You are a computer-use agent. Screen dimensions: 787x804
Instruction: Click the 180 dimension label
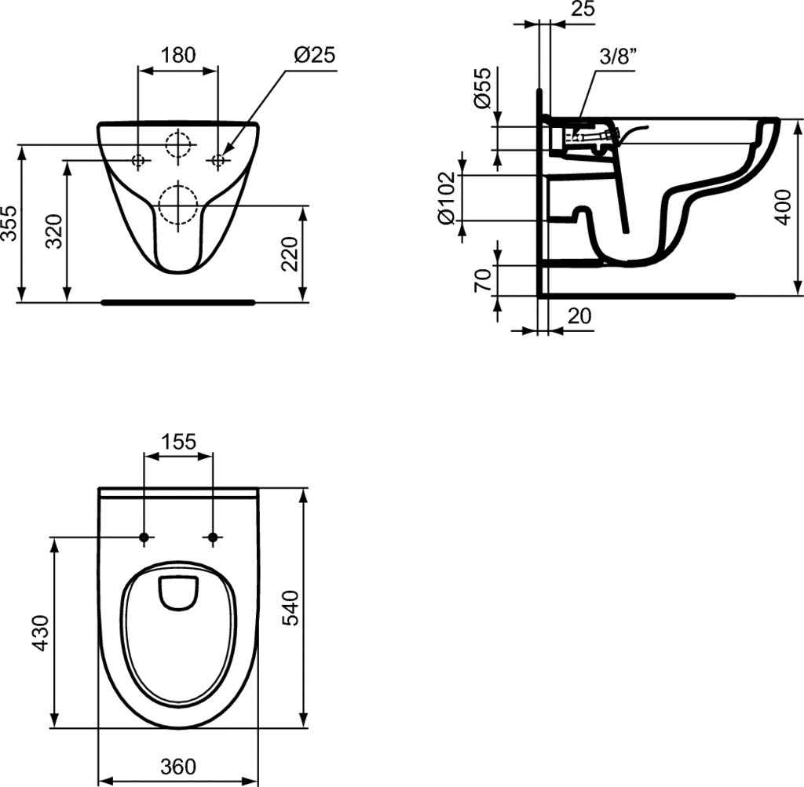pyautogui.click(x=178, y=55)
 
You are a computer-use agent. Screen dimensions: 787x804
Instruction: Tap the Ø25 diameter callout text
pyautogui.click(x=314, y=55)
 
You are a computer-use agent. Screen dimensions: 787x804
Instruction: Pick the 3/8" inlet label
pyautogui.click(x=616, y=57)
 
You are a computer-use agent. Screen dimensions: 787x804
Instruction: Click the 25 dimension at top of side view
pyautogui.click(x=583, y=10)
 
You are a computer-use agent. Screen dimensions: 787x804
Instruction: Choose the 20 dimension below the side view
pyautogui.click(x=579, y=315)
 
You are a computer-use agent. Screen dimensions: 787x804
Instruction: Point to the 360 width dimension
pyautogui.click(x=178, y=767)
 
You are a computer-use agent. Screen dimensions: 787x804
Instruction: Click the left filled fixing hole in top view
pyautogui.click(x=144, y=537)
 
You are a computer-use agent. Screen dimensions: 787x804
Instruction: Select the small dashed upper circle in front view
pyautogui.click(x=178, y=145)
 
